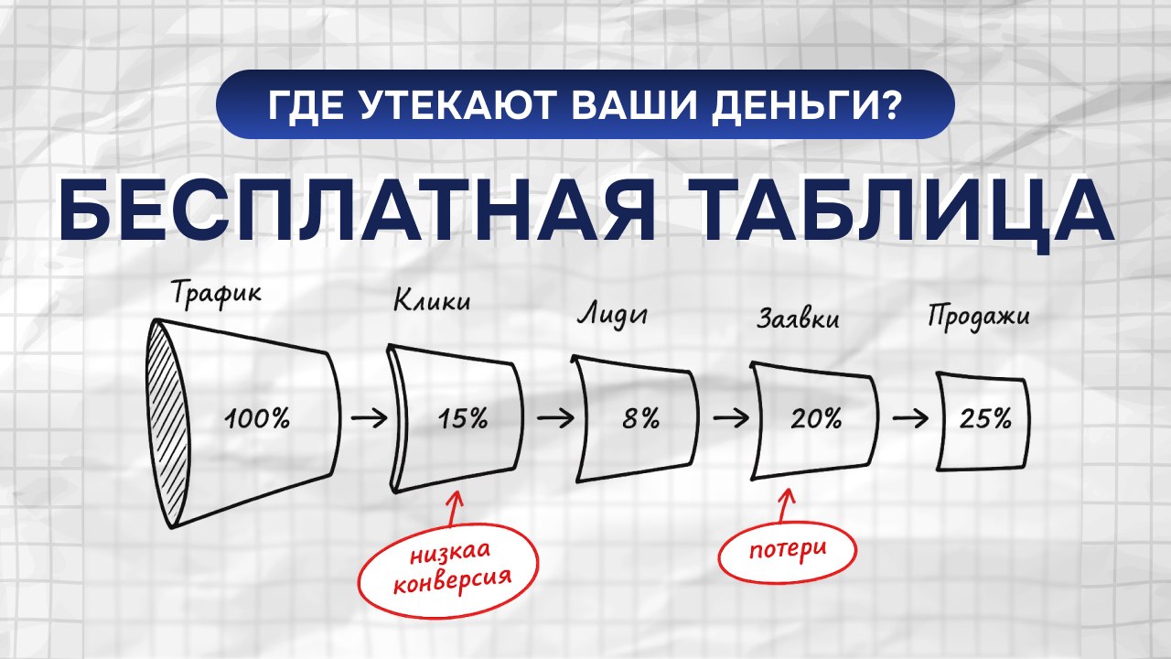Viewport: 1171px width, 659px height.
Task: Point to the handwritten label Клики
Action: coord(432,301)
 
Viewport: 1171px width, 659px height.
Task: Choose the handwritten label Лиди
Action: coord(612,315)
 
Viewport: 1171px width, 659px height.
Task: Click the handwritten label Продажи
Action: coord(978,318)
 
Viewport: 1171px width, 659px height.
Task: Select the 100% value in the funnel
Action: coord(257,419)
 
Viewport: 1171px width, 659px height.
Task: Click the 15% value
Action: coord(463,418)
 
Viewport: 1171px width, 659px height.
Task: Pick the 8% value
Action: coord(641,418)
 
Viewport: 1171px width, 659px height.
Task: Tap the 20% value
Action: coord(816,419)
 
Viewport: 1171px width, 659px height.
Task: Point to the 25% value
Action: coord(985,419)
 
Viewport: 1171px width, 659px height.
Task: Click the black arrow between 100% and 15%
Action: coord(370,418)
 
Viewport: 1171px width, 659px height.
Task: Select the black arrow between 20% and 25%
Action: coord(910,418)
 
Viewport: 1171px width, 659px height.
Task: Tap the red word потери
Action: coord(788,549)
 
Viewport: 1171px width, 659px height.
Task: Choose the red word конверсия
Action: coord(452,580)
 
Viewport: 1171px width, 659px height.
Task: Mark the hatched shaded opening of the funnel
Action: coord(167,423)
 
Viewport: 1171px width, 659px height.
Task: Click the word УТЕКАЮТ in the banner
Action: coord(456,107)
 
